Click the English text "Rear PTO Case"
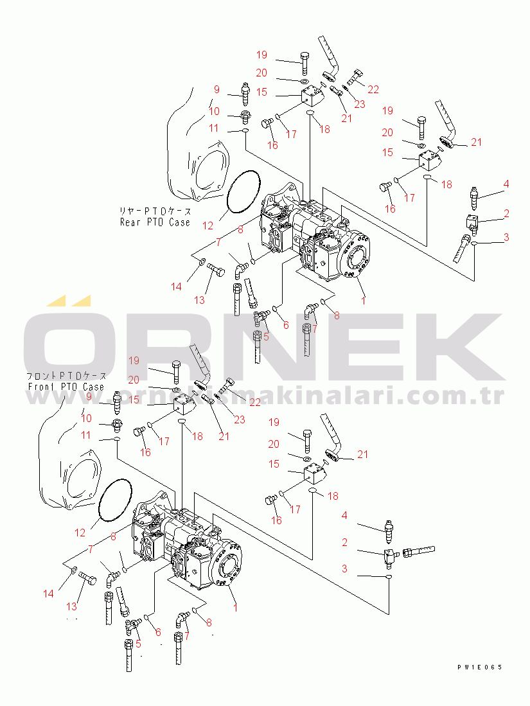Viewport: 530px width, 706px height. point(155,222)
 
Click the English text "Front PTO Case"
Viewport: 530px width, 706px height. point(66,387)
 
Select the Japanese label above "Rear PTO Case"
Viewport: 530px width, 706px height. point(155,211)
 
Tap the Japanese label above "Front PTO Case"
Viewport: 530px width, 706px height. point(66,376)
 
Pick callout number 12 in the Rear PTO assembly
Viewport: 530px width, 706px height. point(207,225)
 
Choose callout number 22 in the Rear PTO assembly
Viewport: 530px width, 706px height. point(373,89)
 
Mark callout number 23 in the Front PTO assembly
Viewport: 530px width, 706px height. point(239,420)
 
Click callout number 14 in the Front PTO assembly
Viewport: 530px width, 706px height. point(49,594)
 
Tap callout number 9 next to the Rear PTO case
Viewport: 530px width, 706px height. point(216,89)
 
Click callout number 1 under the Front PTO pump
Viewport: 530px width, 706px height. point(234,606)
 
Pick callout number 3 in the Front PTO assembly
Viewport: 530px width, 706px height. point(345,569)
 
